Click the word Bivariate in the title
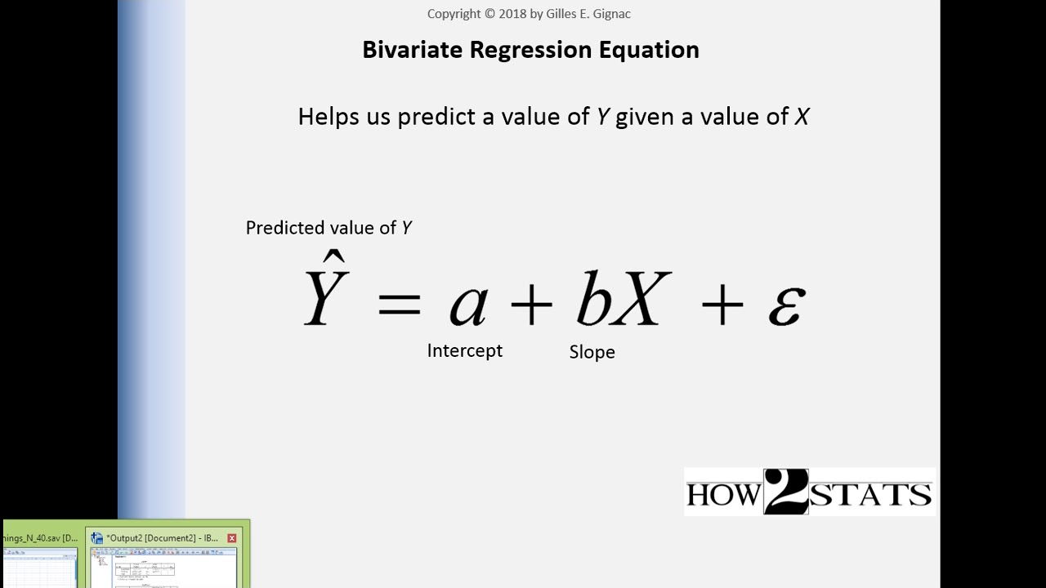tap(412, 50)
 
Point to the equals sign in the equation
tap(400, 305)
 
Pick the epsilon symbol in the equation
tap(787, 306)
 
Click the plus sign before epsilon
tap(722, 305)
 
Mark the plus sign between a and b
tap(531, 305)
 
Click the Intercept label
tap(464, 350)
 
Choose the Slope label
tap(592, 352)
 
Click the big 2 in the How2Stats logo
tap(785, 492)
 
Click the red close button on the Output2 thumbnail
tap(232, 538)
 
